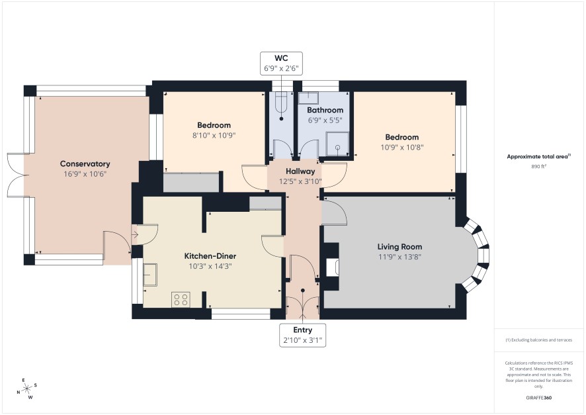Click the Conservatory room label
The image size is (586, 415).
pyautogui.click(x=85, y=163)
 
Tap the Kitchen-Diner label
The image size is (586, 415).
pyautogui.click(x=210, y=256)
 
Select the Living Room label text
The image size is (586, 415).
pyautogui.click(x=399, y=247)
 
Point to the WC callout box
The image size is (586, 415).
pyautogui.click(x=281, y=64)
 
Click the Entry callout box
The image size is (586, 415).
pyautogui.click(x=302, y=336)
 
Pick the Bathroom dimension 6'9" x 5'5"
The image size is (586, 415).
pyautogui.click(x=325, y=120)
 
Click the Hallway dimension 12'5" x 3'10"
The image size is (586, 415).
pyautogui.click(x=300, y=182)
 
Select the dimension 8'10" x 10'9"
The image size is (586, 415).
pyautogui.click(x=214, y=135)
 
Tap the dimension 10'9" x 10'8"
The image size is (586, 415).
pyautogui.click(x=401, y=148)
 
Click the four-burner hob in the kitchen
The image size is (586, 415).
pyautogui.click(x=181, y=299)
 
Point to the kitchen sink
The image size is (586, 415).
pyautogui.click(x=150, y=275)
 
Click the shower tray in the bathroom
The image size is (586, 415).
pyautogui.click(x=337, y=144)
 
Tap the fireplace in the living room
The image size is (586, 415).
pyautogui.click(x=332, y=267)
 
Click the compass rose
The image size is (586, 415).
pyautogui.click(x=27, y=389)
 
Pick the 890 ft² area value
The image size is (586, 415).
pyautogui.click(x=538, y=167)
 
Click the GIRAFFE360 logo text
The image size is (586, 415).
pyautogui.click(x=538, y=397)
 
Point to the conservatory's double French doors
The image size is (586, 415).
pyautogui.click(x=16, y=175)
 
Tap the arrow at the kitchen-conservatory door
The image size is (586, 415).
pyautogui.click(x=135, y=235)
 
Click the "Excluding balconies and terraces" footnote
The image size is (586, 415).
pyautogui.click(x=538, y=340)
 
